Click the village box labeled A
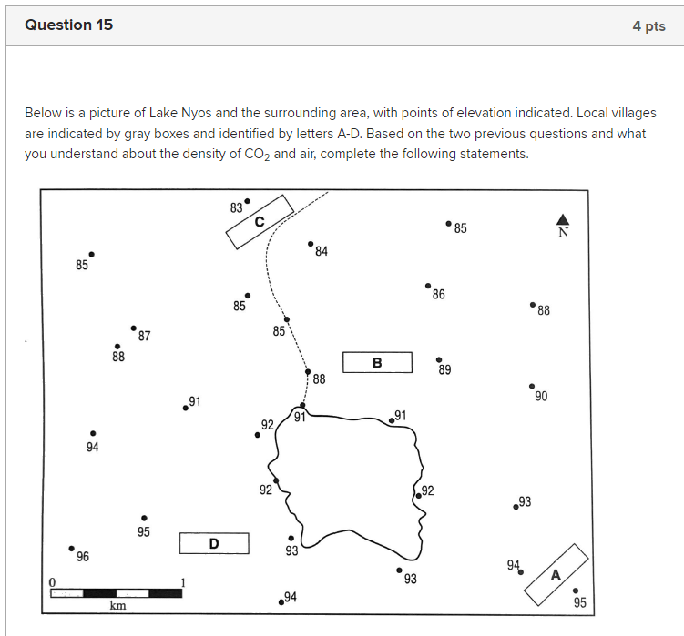556,573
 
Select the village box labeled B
377,363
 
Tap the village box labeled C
259,222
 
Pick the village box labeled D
214,543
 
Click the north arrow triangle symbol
563,219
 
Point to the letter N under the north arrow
563,232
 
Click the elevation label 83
236,207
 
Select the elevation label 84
322,252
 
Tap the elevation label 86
438,295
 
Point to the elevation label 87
144,337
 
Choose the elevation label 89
444,370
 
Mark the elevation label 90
541,396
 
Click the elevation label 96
83,557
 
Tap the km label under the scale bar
117,606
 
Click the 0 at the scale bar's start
53,581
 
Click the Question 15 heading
69,25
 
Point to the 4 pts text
648,26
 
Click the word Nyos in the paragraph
193,113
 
